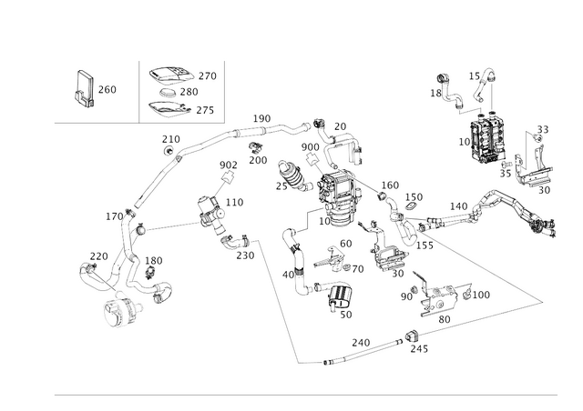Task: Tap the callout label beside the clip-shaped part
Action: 108,89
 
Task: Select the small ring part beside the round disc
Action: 164,292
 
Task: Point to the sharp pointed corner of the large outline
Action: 545,300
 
